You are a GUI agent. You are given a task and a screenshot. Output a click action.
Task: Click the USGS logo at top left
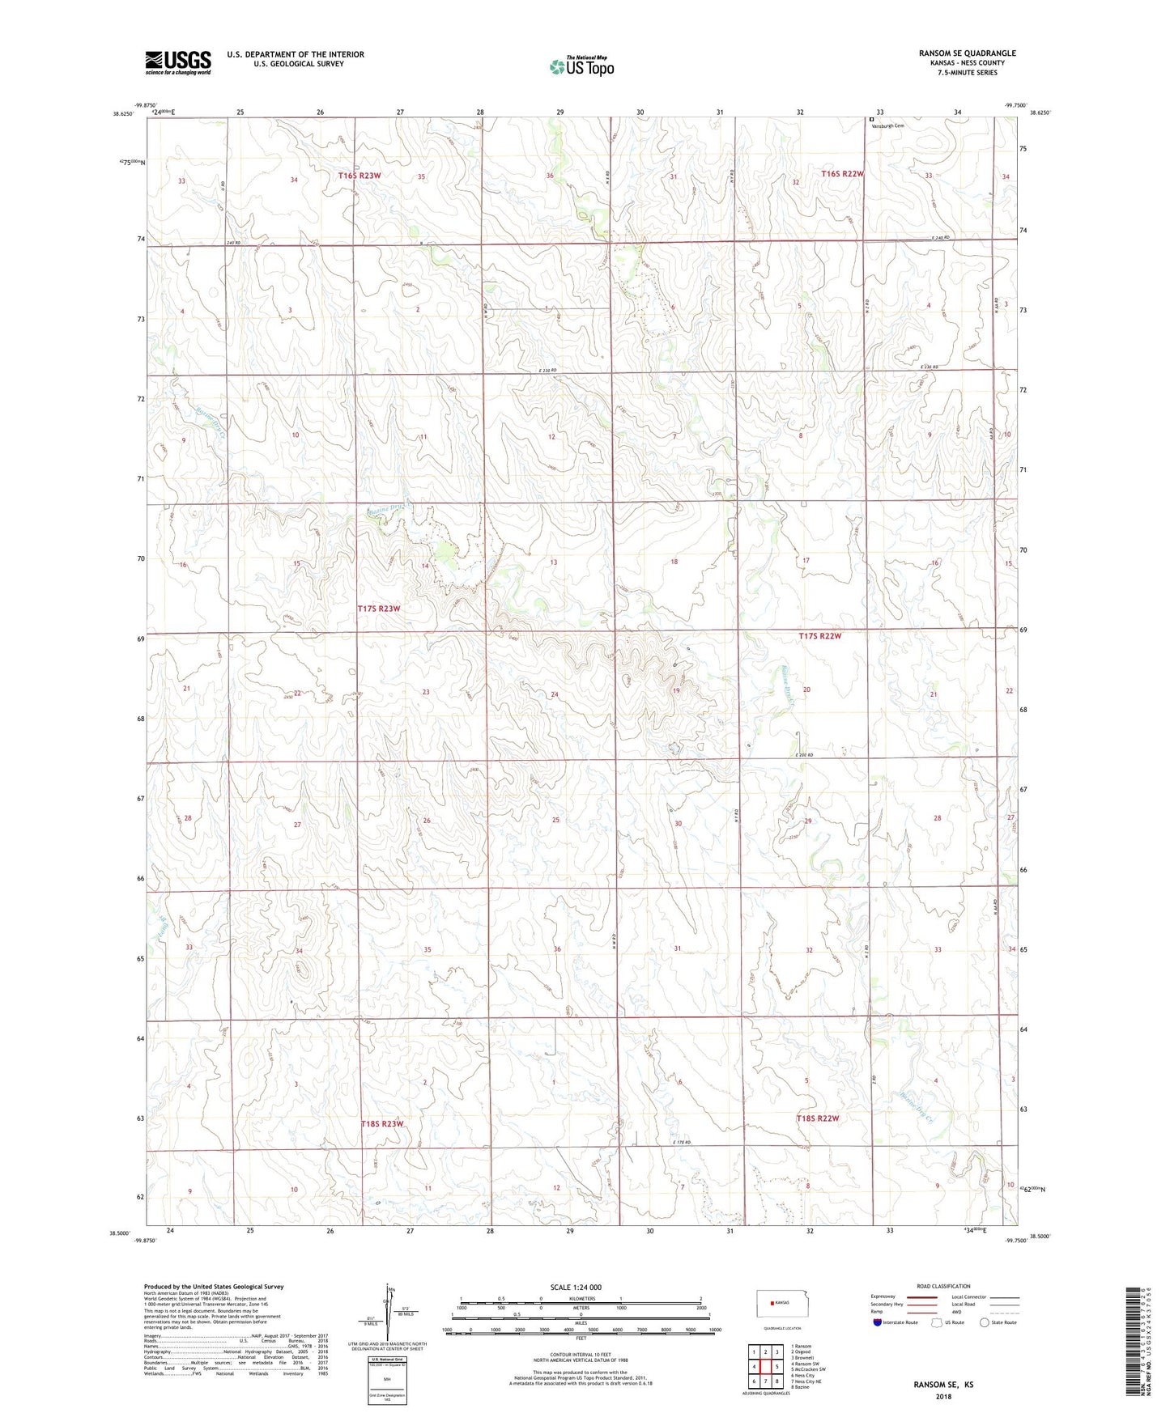pos(177,62)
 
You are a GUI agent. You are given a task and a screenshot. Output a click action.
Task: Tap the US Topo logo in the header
pos(581,66)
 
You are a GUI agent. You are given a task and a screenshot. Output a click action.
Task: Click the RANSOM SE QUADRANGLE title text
pos(967,53)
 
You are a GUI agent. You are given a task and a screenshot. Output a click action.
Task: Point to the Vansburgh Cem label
pos(887,125)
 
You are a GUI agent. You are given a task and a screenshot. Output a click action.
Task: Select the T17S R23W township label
pos(379,609)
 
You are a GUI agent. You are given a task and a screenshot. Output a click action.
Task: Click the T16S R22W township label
pos(842,174)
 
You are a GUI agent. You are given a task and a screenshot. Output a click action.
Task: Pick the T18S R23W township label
pos(381,1124)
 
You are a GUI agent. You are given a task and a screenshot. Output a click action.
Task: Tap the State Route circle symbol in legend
pos(985,1322)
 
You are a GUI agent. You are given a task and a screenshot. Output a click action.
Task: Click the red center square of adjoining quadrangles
pos(765,1366)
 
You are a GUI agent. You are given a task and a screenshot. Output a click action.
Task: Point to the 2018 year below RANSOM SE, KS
pos(943,1397)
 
